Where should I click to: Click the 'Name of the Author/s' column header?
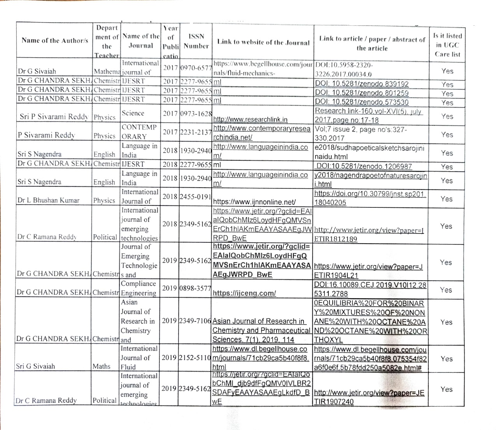pyautogui.click(x=54, y=40)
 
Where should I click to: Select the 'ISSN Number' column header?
pyautogui.click(x=196, y=41)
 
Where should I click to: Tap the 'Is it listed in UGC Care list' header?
pyautogui.click(x=447, y=45)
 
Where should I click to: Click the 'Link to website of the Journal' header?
pyautogui.click(x=263, y=42)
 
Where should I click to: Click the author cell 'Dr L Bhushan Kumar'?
pyautogui.click(x=48, y=200)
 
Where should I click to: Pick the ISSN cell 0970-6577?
pyautogui.click(x=196, y=68)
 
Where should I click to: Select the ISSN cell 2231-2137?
pyautogui.click(x=196, y=132)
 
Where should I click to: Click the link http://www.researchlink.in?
pyautogui.click(x=251, y=119)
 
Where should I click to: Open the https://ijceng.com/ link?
pyautogui.click(x=244, y=293)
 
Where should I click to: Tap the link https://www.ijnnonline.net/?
pyautogui.click(x=254, y=202)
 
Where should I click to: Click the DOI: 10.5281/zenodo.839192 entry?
pyautogui.click(x=362, y=84)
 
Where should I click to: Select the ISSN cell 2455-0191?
pyautogui.click(x=196, y=197)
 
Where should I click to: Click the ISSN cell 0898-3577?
pyautogui.click(x=196, y=288)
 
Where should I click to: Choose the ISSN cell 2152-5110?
pyautogui.click(x=196, y=357)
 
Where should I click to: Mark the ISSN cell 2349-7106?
pyautogui.click(x=196, y=321)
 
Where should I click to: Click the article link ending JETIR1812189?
pyautogui.click(x=369, y=234)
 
